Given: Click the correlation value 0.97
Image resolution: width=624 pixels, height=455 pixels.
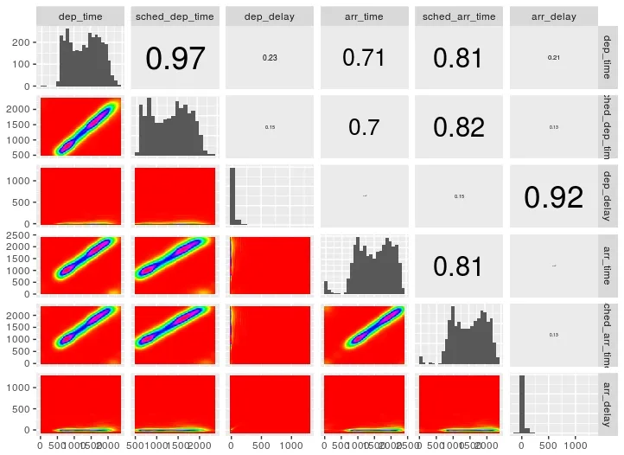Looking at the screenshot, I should click(x=175, y=58).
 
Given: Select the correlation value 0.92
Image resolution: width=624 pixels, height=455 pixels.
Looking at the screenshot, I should click(x=554, y=197).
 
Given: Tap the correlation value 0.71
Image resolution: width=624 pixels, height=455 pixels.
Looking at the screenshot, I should click(x=365, y=58).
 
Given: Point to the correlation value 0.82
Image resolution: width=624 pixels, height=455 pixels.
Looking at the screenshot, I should click(x=459, y=127).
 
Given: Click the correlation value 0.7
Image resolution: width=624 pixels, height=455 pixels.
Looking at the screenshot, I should click(x=364, y=127).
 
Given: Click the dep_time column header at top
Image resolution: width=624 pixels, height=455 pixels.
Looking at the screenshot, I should click(x=80, y=16).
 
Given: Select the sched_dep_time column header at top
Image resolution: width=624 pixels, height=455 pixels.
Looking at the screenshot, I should click(x=175, y=16).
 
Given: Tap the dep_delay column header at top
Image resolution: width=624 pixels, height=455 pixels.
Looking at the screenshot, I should click(x=270, y=16).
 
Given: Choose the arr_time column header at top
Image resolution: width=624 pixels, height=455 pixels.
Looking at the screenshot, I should click(x=364, y=16).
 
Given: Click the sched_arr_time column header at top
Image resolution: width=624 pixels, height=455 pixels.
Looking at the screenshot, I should click(x=458, y=16).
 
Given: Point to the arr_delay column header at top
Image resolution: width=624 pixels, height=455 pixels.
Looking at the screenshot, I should click(x=553, y=16).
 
